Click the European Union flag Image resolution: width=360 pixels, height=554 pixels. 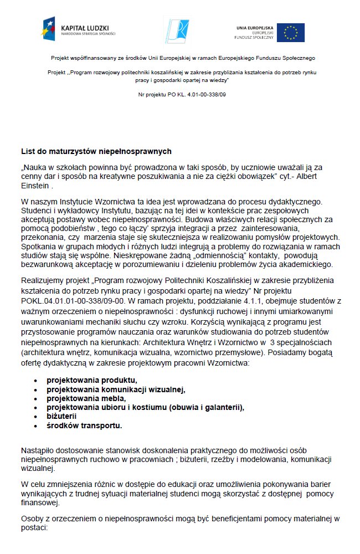point(291,33)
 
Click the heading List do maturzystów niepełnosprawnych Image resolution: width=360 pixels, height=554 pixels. point(96,151)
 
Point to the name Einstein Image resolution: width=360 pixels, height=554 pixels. point(35,186)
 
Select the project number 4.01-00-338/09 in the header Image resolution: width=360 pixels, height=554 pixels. point(198,95)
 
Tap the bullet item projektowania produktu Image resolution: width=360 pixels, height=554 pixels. point(91,380)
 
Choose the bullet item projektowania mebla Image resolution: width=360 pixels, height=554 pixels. point(86,398)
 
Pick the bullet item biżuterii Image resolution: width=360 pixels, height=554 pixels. point(61,416)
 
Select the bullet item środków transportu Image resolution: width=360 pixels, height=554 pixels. point(84,425)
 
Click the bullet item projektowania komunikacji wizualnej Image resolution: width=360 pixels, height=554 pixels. point(116,389)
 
